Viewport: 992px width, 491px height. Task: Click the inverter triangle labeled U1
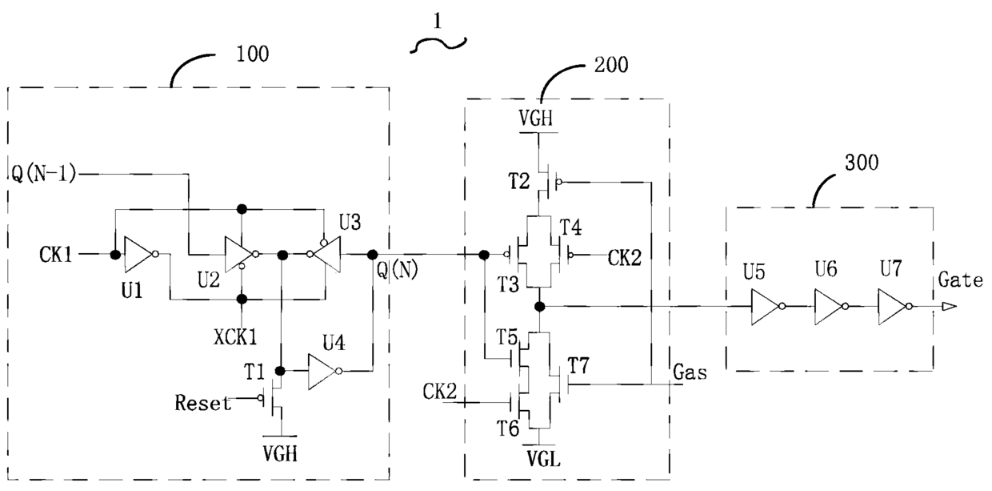139,254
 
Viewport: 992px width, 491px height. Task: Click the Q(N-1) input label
43,174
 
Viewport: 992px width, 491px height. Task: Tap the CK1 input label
55,255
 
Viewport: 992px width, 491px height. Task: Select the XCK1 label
235,337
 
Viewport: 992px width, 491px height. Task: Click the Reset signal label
203,403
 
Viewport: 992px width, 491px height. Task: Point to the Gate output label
960,280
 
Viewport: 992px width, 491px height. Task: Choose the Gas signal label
690,372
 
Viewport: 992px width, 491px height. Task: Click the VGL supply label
544,460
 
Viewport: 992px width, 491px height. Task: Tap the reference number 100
253,54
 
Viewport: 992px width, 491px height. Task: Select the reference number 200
611,65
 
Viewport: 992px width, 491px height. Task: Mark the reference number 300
862,163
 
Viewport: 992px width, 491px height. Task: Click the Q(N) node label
398,270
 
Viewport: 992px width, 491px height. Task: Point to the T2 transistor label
518,181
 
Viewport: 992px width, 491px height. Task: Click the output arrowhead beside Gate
949,307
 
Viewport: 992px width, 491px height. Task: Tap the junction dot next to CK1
115,255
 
